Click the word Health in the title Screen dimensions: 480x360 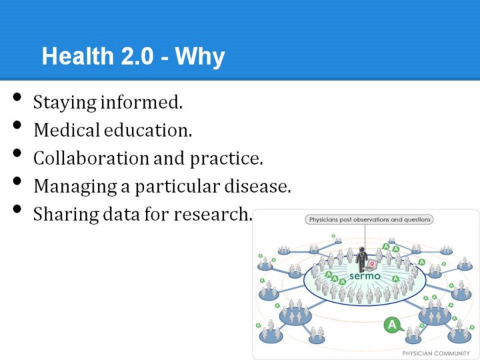point(78,56)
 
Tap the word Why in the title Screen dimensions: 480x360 point(200,57)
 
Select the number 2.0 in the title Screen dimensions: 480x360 point(137,56)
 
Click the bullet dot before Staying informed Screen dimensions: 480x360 point(17,97)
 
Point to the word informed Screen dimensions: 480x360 point(141,101)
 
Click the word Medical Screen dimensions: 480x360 point(67,130)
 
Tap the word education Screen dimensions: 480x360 point(148,130)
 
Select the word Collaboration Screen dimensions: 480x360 point(91,158)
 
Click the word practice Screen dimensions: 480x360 point(226,159)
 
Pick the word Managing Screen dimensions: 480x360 point(75,187)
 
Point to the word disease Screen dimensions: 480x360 point(257,186)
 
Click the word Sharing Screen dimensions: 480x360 point(66,214)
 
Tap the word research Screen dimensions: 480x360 point(213,214)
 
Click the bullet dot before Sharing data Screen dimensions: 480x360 point(17,209)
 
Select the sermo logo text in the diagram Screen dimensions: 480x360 point(365,276)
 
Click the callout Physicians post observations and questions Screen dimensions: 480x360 point(369,219)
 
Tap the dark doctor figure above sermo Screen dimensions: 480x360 point(362,259)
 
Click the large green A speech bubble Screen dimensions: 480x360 point(393,325)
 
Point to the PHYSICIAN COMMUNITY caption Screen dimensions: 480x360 point(435,353)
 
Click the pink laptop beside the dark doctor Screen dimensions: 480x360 point(371,265)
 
